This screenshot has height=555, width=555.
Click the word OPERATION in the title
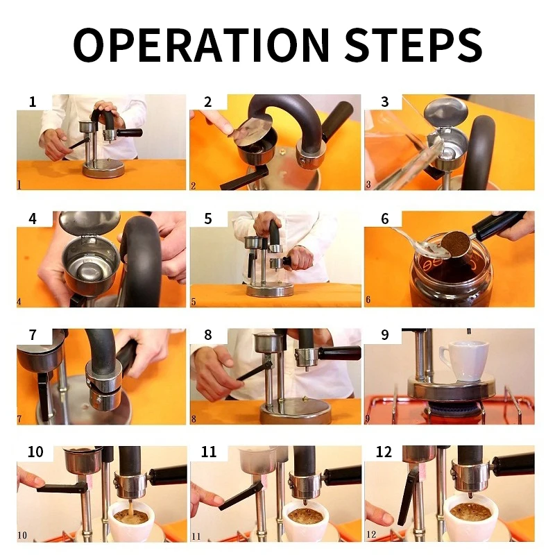pos(201,45)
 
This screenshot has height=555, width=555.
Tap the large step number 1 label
pos(33,102)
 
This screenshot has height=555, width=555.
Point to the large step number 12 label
pos(384,452)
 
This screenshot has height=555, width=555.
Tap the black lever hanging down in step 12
pos(408,496)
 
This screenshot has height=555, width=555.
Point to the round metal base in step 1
pos(101,169)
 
